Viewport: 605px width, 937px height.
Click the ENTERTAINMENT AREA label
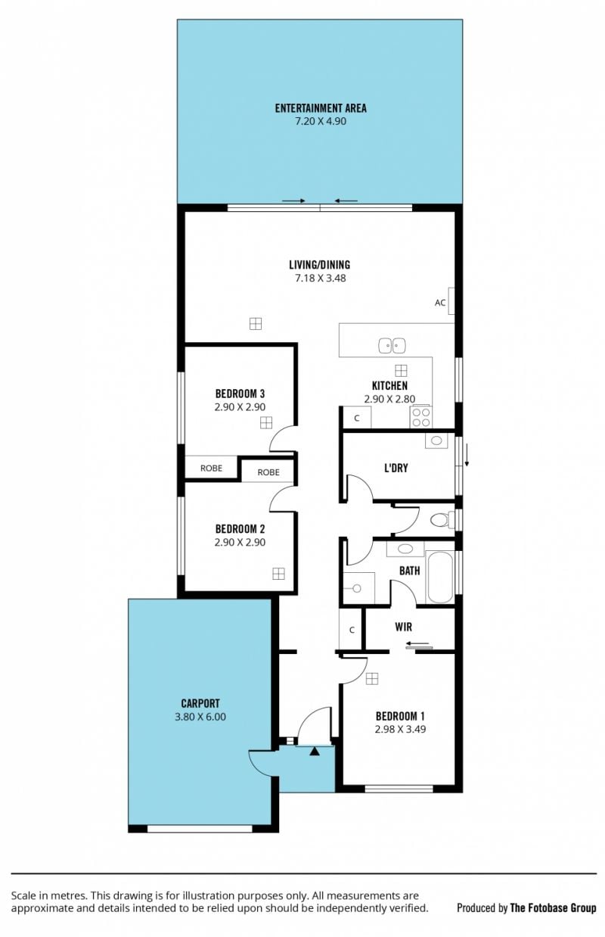pyautogui.click(x=321, y=108)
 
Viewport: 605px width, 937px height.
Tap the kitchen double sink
pyautogui.click(x=392, y=346)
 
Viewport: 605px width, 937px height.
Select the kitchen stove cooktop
pyautogui.click(x=420, y=417)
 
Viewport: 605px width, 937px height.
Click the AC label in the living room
pyautogui.click(x=440, y=303)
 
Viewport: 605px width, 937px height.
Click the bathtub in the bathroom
pyautogui.click(x=440, y=577)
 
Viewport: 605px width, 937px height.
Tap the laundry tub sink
pyautogui.click(x=436, y=440)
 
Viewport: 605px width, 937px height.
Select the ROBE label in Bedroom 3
pyautogui.click(x=211, y=468)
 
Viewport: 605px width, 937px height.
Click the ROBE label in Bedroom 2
pyautogui.click(x=268, y=472)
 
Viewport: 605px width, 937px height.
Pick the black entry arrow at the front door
pyautogui.click(x=315, y=752)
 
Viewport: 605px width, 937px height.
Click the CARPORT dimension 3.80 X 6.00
pyautogui.click(x=200, y=717)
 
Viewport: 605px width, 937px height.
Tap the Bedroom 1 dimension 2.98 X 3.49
pyautogui.click(x=400, y=729)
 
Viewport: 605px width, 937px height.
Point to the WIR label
pyautogui.click(x=404, y=627)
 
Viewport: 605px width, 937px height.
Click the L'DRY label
pyautogui.click(x=396, y=468)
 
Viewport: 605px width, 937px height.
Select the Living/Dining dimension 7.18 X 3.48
pyautogui.click(x=320, y=279)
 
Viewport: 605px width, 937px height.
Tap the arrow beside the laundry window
pyautogui.click(x=467, y=455)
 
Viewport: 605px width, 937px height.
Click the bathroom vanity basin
pyautogui.click(x=405, y=549)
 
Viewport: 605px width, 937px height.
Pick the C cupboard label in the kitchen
pyautogui.click(x=357, y=418)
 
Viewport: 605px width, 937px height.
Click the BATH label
pyautogui.click(x=409, y=571)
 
